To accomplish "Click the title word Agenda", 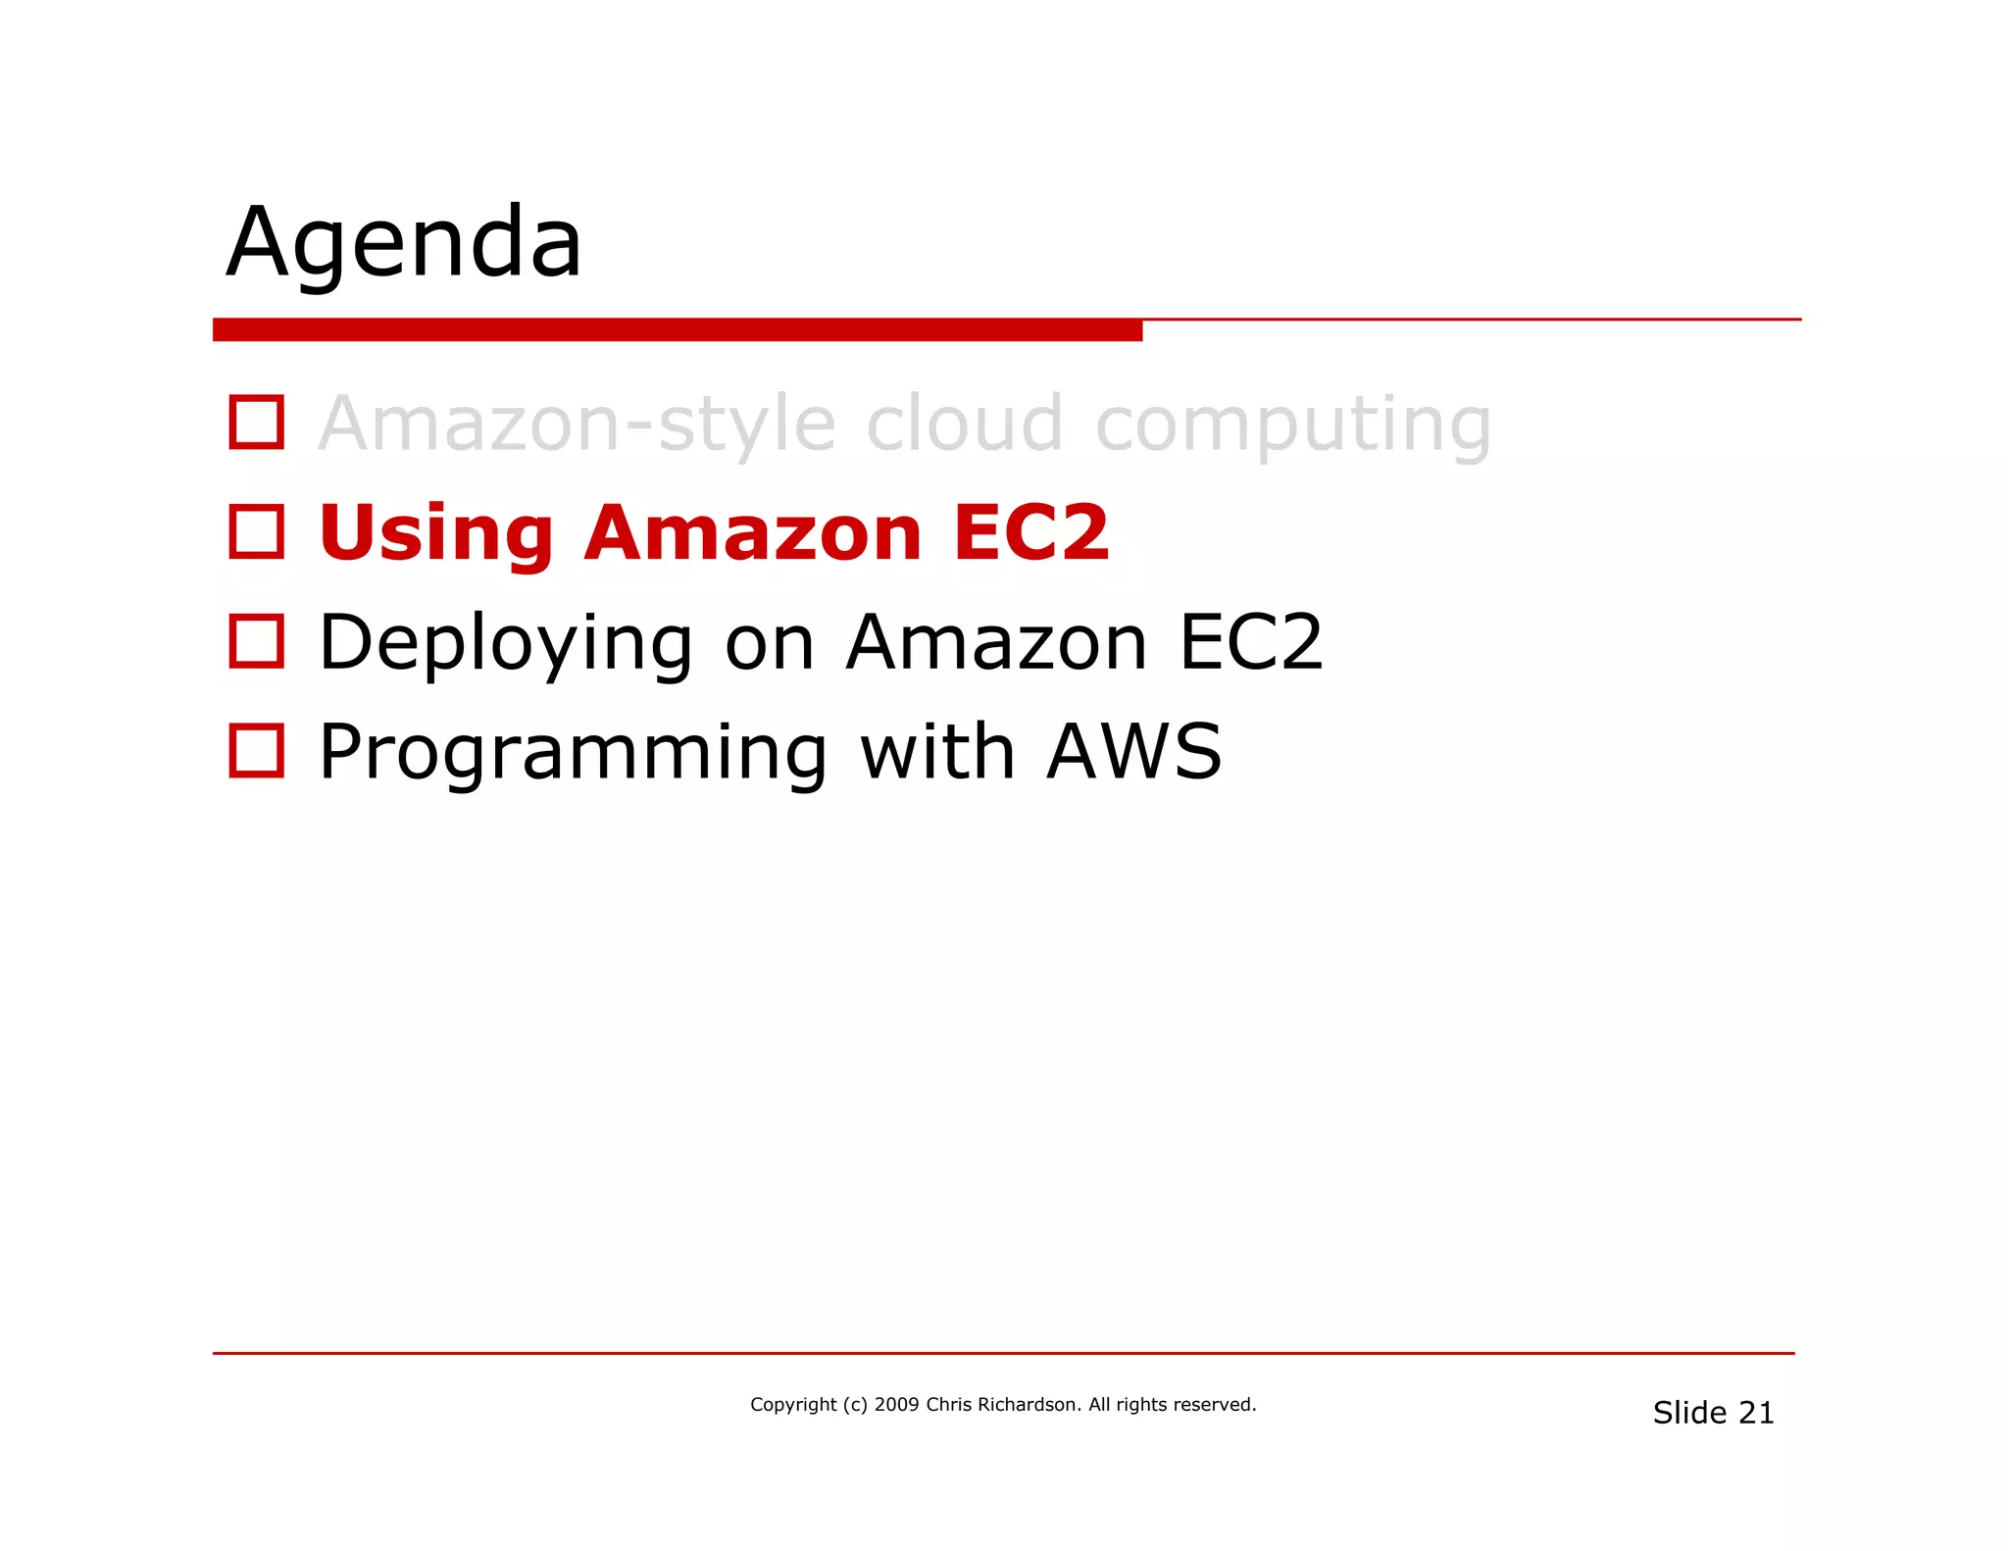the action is pyautogui.click(x=404, y=243).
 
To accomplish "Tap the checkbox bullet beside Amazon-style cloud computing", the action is pyautogui.click(x=257, y=423).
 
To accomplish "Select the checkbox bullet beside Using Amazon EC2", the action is pyautogui.click(x=257, y=532).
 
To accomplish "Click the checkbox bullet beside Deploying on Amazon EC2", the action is pyautogui.click(x=257, y=641).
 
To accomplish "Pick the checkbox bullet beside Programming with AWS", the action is pyautogui.click(x=257, y=751).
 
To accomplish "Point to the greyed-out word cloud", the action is pyautogui.click(x=965, y=424).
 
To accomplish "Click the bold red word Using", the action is pyautogui.click(x=436, y=535).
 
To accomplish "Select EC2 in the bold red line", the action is pyautogui.click(x=1030, y=533).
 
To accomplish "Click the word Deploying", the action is pyautogui.click(x=506, y=645).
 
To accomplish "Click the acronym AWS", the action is pyautogui.click(x=1134, y=752).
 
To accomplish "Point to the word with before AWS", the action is pyautogui.click(x=936, y=752).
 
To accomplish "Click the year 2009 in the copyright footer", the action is pyautogui.click(x=896, y=1405).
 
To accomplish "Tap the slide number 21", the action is pyautogui.click(x=1756, y=1413).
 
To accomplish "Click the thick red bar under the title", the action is pyautogui.click(x=677, y=329).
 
